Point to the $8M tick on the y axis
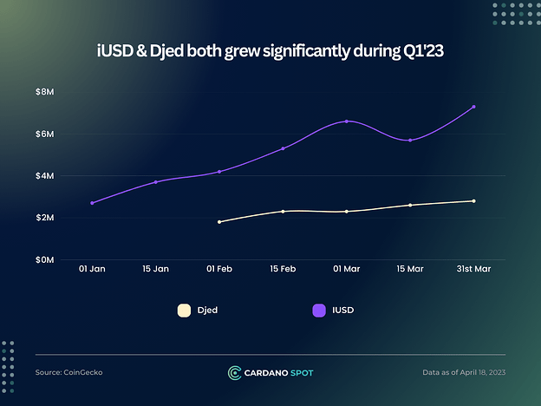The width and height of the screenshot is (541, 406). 44,92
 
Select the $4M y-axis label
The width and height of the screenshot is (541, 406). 44,176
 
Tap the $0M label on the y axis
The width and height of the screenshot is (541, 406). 44,259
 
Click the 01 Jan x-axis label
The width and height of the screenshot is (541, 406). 92,269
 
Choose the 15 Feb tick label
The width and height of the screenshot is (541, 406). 283,269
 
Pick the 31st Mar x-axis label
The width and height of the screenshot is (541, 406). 473,269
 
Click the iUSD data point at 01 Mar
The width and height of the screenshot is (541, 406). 347,121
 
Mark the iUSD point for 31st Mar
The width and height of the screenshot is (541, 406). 473,107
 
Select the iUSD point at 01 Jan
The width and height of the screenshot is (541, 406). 92,203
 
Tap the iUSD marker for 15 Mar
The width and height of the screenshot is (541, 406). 410,140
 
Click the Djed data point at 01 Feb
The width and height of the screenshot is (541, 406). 219,222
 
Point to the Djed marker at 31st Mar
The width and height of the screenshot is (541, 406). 473,201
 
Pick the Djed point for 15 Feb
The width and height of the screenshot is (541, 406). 283,212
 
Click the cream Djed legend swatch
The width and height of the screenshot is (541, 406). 183,310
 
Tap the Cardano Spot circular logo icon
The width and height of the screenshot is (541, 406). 234,372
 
